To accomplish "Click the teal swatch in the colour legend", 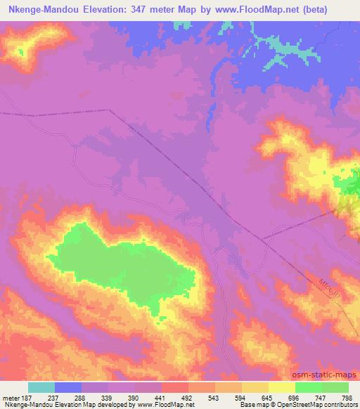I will [41, 387].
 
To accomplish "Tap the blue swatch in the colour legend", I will [68, 387].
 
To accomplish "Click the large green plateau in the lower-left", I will [120, 267].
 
